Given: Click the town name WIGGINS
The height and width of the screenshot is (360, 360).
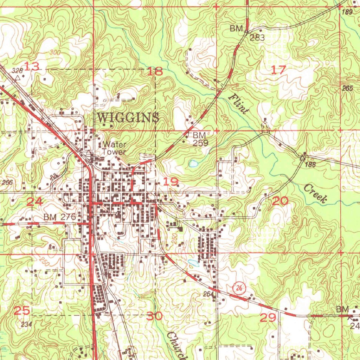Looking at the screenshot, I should (128, 117).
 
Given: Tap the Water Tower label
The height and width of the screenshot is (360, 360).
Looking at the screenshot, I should (114, 148).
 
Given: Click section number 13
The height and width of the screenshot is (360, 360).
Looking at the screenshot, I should (32, 66).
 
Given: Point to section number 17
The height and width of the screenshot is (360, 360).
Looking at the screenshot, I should (278, 70).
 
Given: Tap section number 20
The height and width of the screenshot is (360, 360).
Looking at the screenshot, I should (280, 201).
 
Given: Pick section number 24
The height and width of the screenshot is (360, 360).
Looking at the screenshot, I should (35, 201).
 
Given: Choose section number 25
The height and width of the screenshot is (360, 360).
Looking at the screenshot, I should (22, 311).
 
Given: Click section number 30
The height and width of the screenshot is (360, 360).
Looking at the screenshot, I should (154, 316).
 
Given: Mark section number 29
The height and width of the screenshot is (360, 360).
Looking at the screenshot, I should (268, 318).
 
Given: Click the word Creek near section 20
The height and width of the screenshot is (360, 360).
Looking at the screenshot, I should (315, 194).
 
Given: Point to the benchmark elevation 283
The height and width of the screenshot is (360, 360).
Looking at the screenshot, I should (257, 38).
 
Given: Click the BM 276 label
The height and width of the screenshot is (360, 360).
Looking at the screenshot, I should (60, 217).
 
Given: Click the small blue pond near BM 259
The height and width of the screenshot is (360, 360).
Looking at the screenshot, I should (193, 163).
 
